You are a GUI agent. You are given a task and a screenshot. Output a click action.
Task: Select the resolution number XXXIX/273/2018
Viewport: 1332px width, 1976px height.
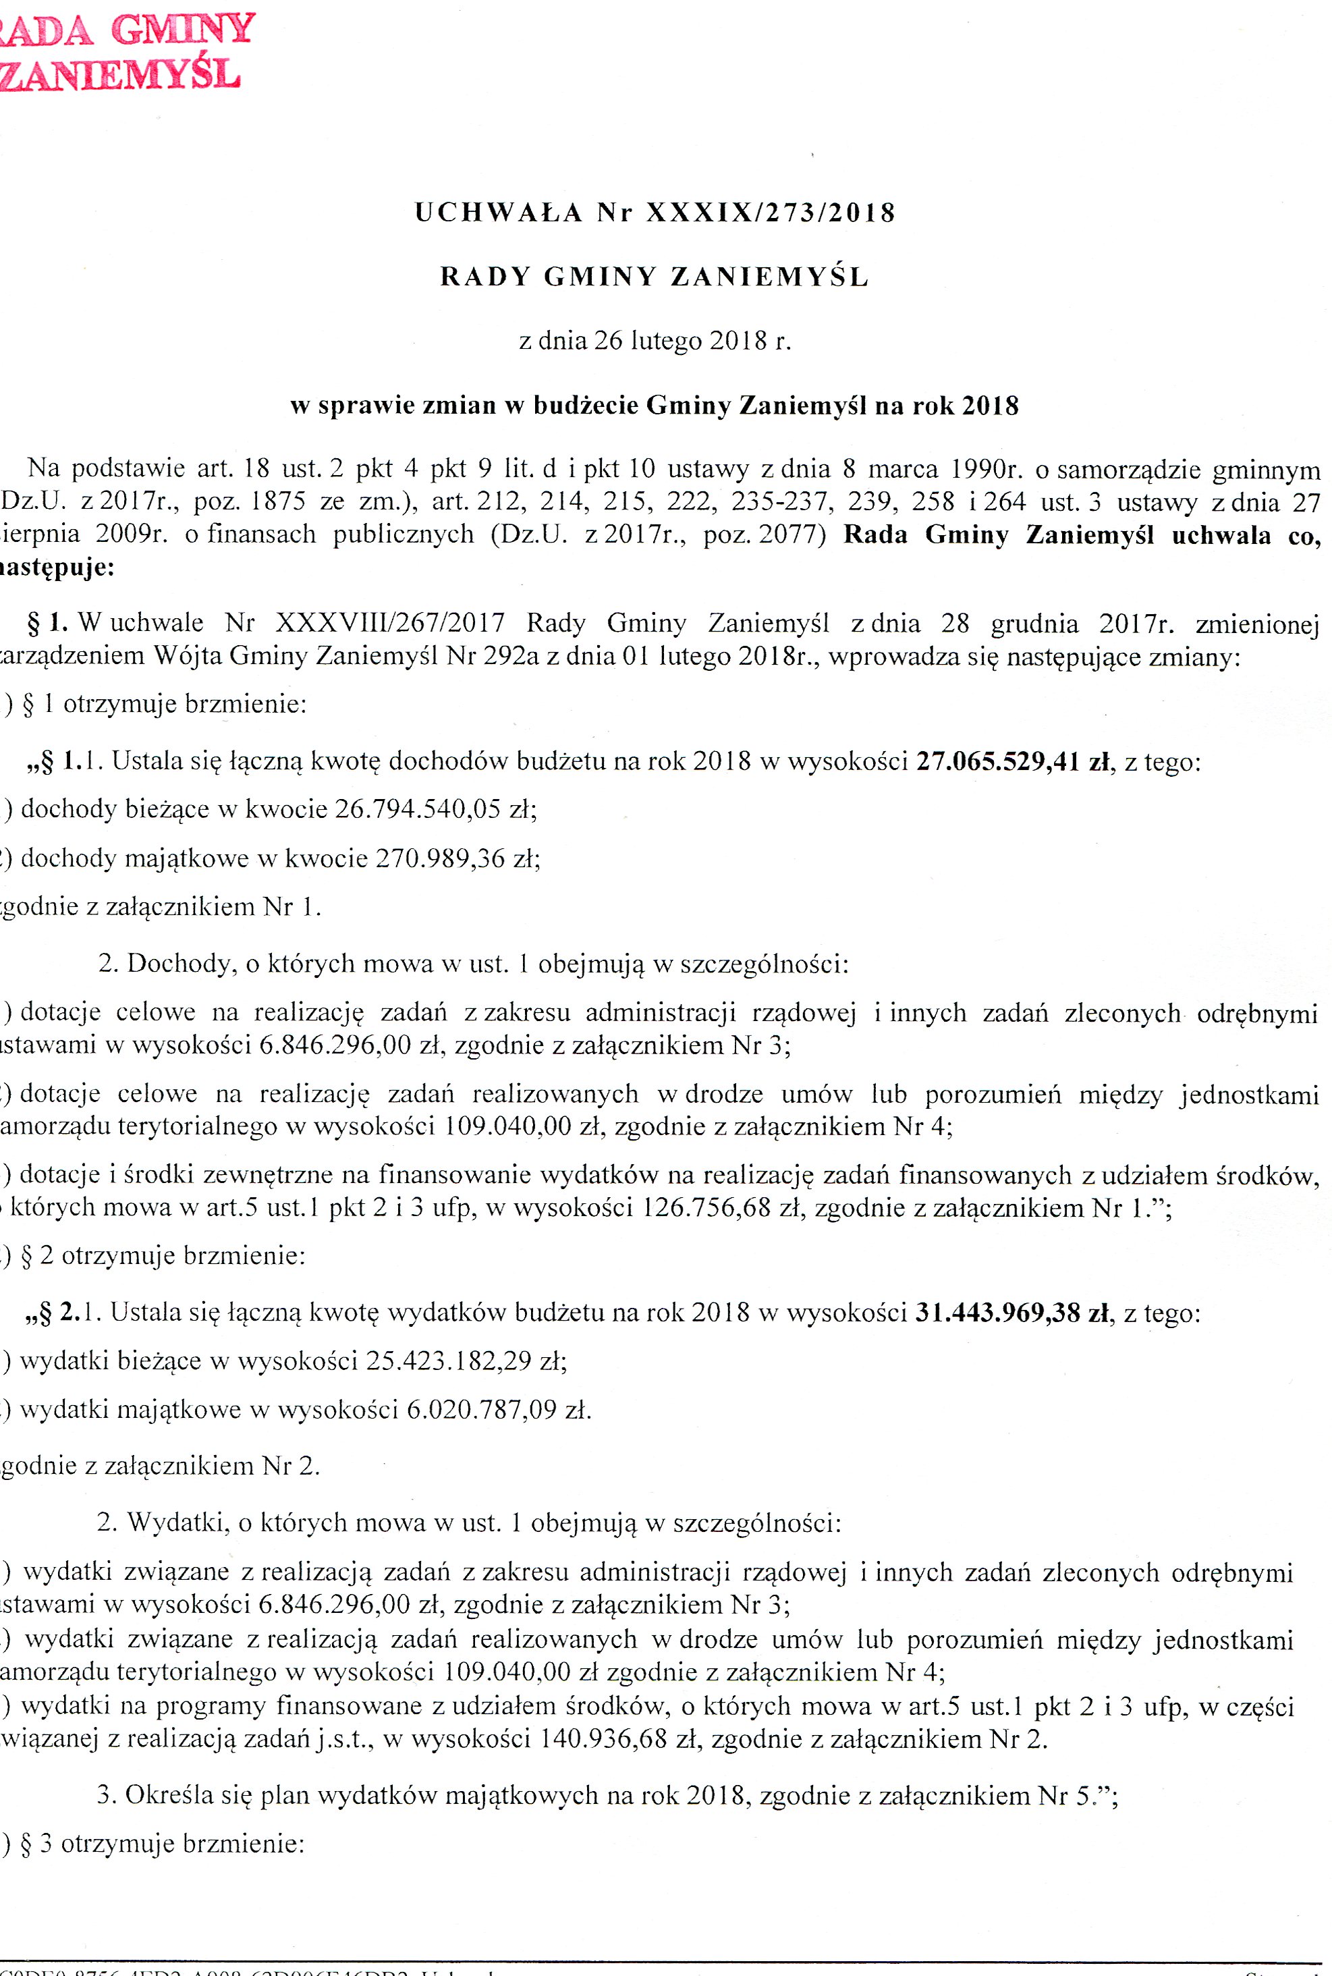tap(771, 213)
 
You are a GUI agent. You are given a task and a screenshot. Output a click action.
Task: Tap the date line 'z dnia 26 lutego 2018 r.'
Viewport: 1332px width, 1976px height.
tap(654, 341)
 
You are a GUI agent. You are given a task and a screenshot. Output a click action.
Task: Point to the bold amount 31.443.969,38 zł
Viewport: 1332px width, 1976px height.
tap(1011, 1313)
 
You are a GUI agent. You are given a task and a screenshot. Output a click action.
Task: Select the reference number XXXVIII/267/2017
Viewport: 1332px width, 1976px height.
tap(390, 624)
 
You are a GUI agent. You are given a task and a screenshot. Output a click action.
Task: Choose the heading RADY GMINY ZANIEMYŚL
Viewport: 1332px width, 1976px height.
tap(654, 277)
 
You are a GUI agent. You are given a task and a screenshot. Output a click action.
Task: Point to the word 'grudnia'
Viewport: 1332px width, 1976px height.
tap(1034, 624)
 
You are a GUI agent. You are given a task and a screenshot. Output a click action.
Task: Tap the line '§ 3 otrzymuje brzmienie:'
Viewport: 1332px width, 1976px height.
tap(161, 1844)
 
